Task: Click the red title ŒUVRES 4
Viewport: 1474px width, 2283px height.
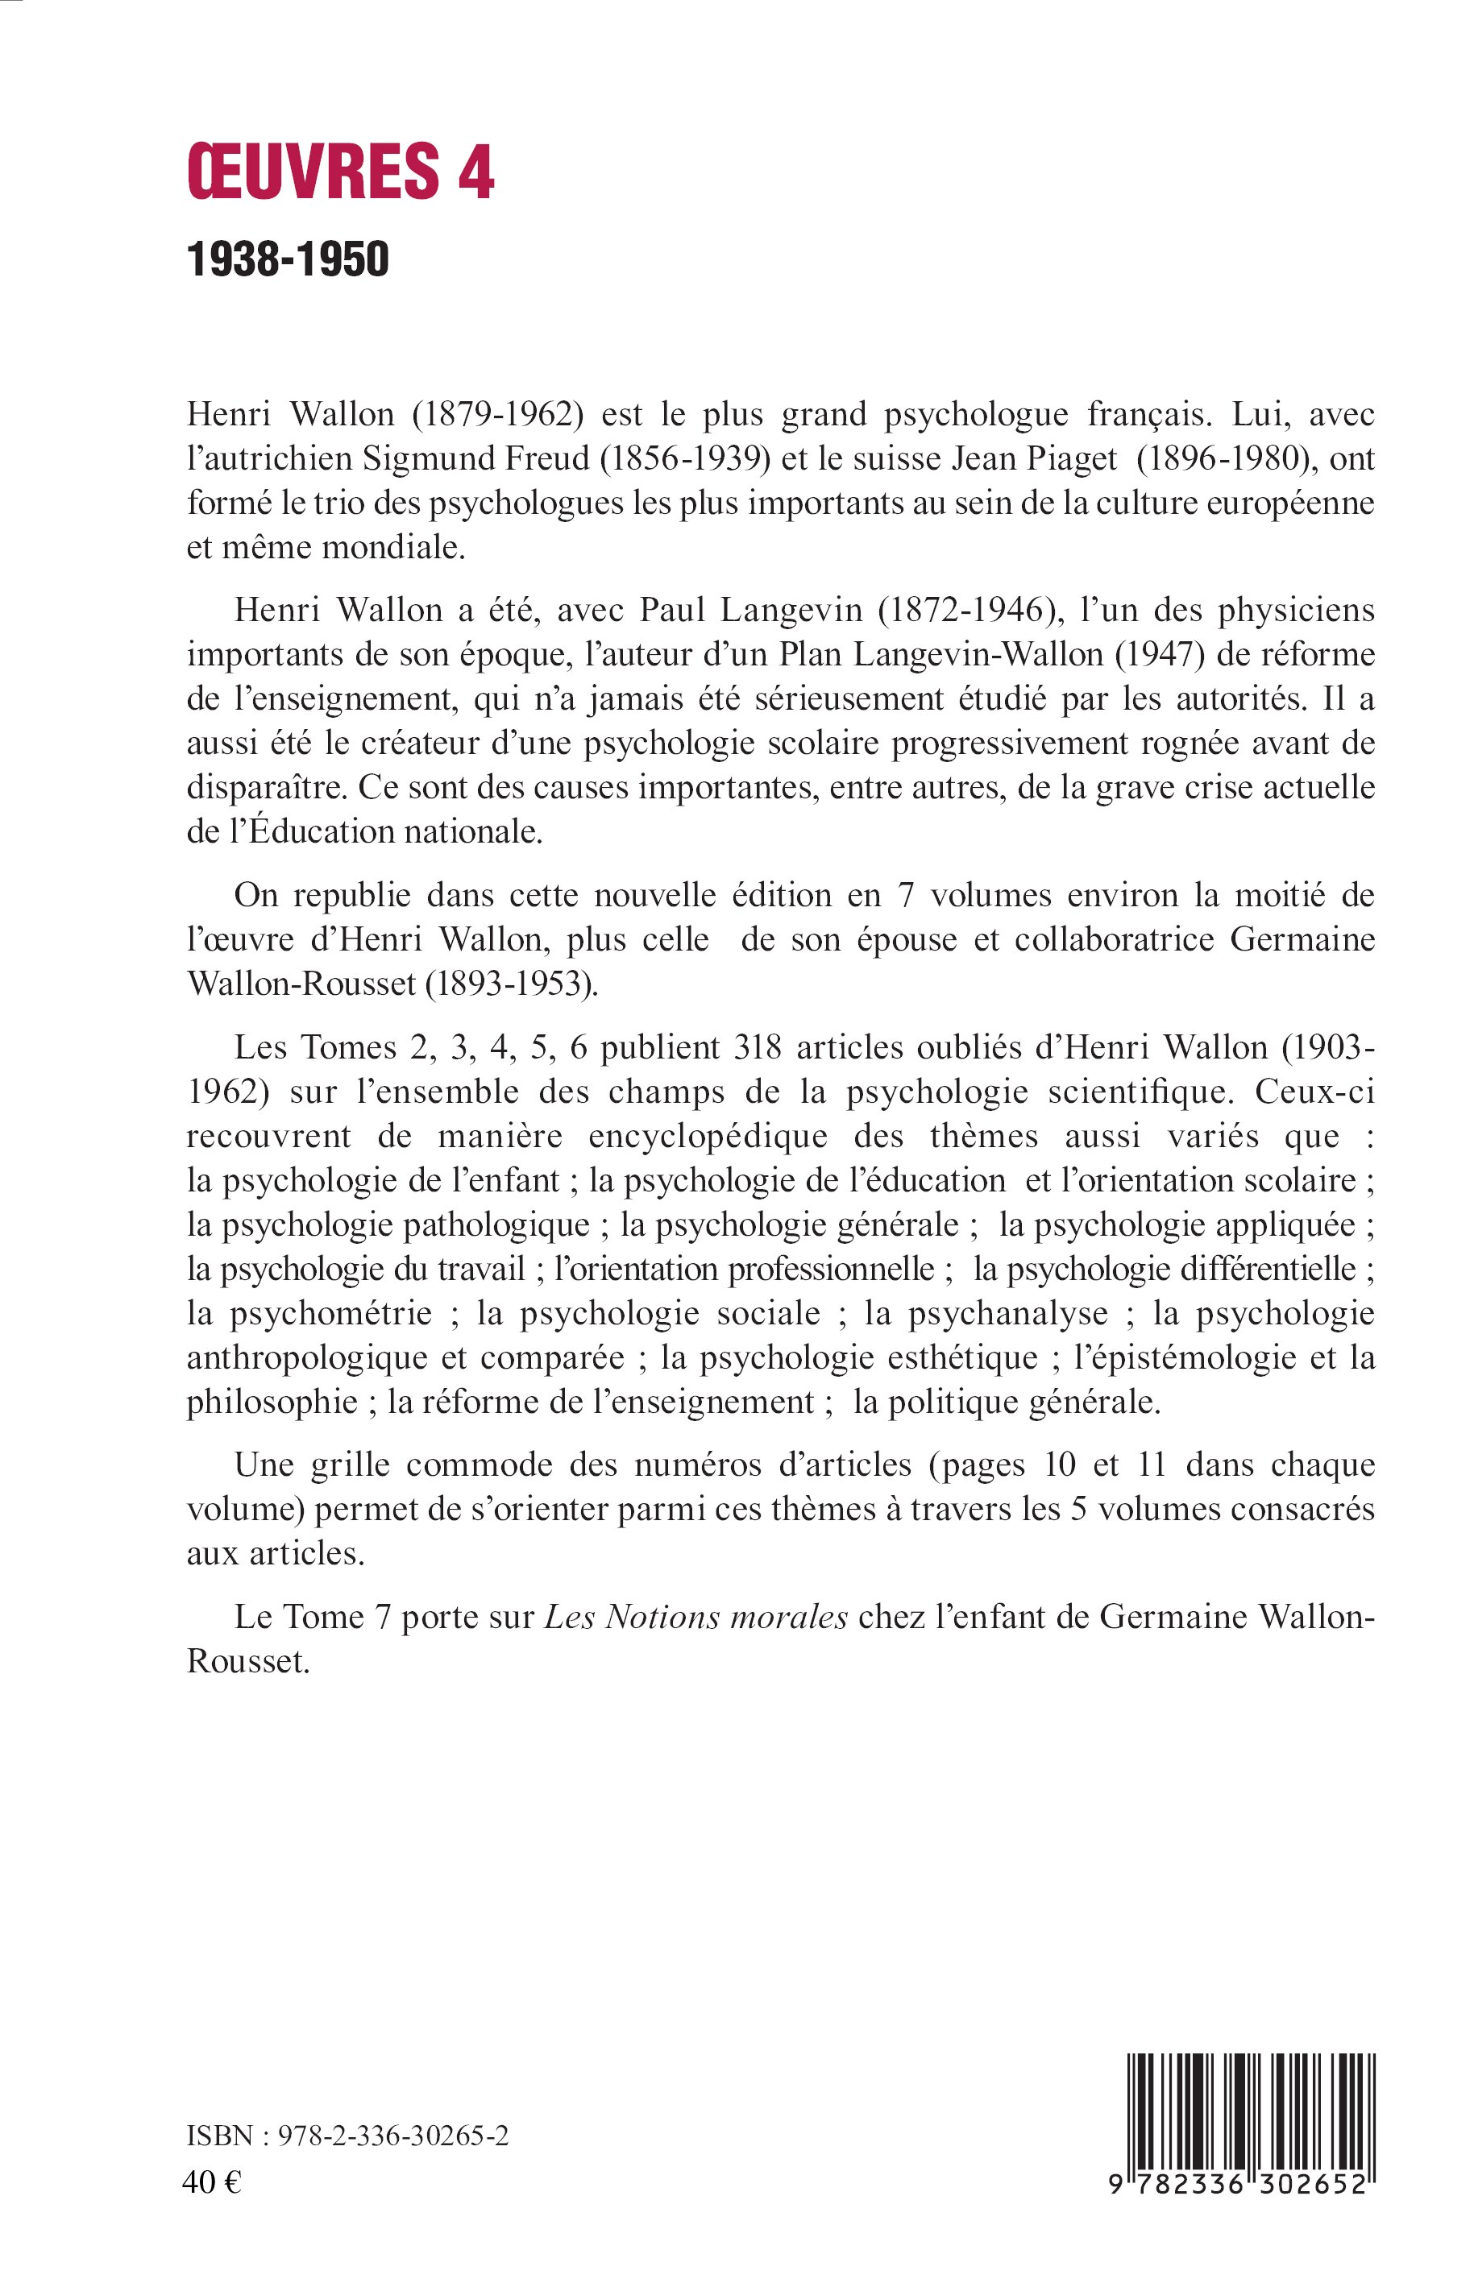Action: [x=341, y=172]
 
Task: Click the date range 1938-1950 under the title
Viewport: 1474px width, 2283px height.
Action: [x=288, y=259]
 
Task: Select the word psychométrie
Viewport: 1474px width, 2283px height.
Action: [x=330, y=1314]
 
